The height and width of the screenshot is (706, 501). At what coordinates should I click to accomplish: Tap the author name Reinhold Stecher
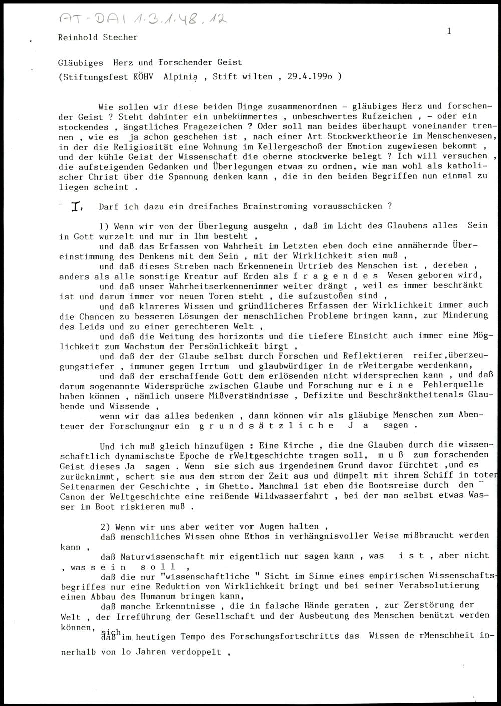pyautogui.click(x=98, y=37)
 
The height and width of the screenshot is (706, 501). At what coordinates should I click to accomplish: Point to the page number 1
pyautogui.click(x=449, y=31)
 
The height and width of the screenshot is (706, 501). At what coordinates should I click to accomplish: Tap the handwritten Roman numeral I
pyautogui.click(x=76, y=206)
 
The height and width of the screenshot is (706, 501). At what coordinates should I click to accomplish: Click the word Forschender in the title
pyautogui.click(x=186, y=63)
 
